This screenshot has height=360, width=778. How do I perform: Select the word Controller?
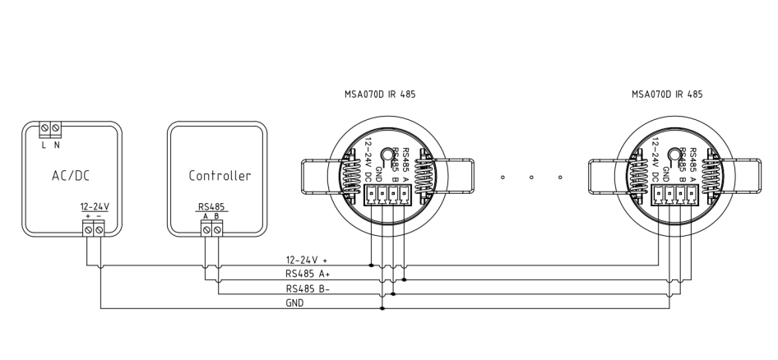[220, 175]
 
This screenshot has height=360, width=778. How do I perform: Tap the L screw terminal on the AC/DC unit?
[45, 129]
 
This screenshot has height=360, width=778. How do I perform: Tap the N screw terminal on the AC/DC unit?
[56, 129]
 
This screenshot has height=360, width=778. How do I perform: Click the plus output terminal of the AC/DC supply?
[88, 231]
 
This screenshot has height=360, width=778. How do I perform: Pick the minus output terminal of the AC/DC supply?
[100, 231]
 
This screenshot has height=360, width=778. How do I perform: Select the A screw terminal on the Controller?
[206, 231]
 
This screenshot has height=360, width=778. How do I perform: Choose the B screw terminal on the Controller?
[217, 231]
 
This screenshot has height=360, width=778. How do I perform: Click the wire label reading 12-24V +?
[306, 260]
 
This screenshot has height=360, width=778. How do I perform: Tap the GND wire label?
[295, 302]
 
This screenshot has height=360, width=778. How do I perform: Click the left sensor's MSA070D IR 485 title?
[380, 95]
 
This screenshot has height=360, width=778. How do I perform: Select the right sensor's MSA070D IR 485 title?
[667, 95]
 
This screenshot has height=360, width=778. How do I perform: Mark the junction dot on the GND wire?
[382, 308]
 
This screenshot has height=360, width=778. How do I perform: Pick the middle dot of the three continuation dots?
[532, 177]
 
